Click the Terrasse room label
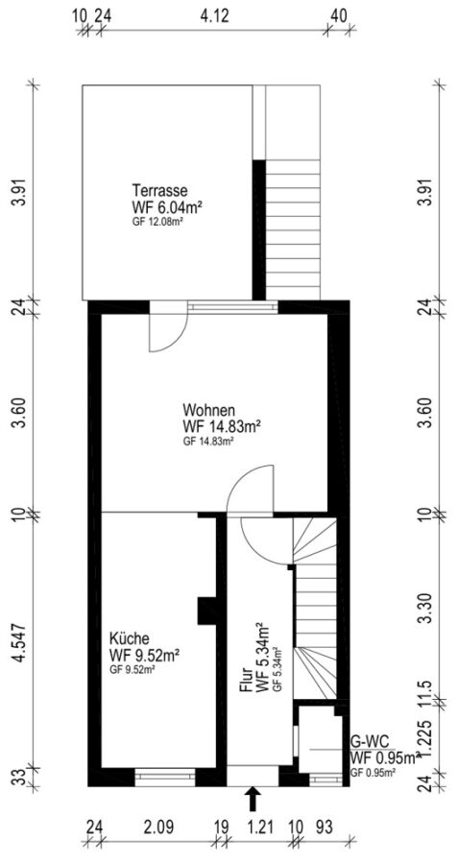point(159,191)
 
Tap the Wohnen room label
point(209,411)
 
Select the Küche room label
point(129,638)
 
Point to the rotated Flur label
point(246,681)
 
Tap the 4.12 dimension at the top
point(214,15)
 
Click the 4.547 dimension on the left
point(20,642)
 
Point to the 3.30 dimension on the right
point(425,609)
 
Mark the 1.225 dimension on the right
point(425,735)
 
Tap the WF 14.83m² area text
point(221,426)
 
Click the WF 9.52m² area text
point(146,655)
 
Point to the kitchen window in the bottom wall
point(165,777)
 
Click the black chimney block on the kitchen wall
point(206,612)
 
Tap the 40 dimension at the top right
point(340,15)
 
